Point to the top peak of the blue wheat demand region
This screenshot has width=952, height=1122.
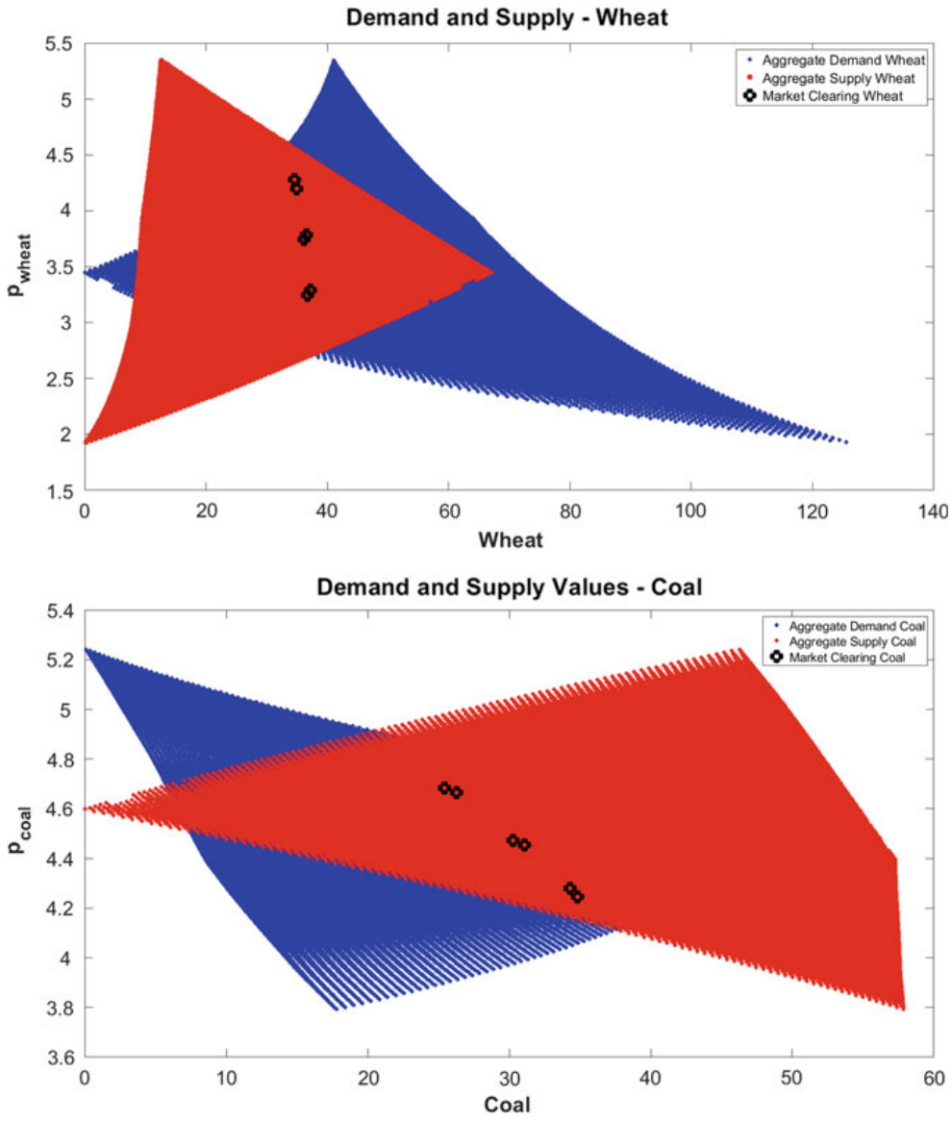333,60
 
